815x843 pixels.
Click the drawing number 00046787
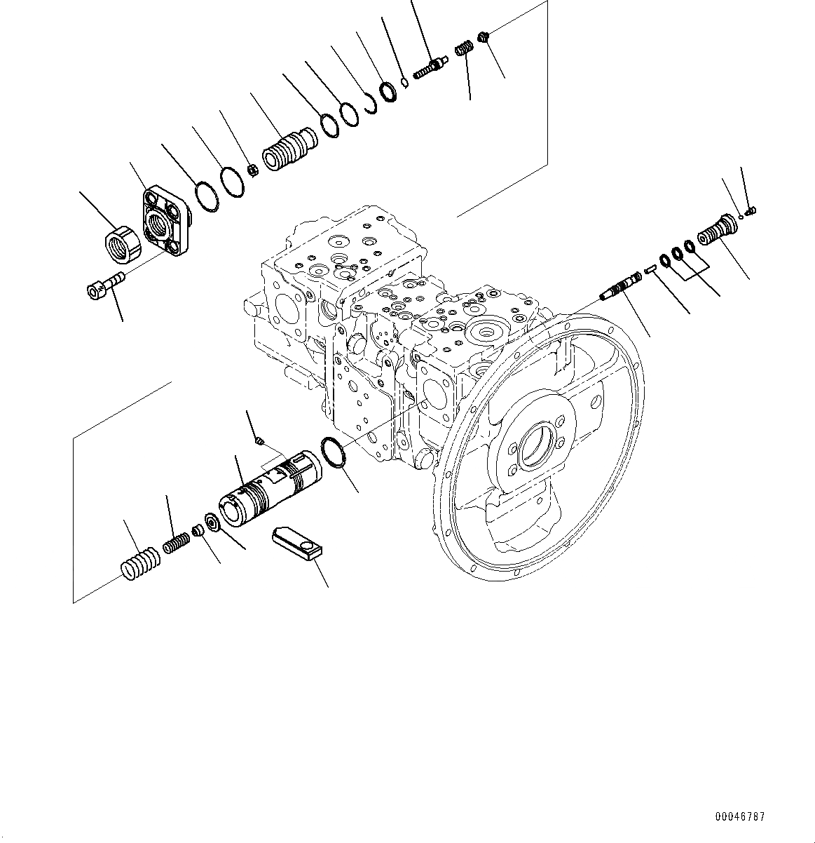(740, 817)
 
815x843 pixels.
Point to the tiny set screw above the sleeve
(259, 440)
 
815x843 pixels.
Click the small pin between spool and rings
(650, 267)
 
